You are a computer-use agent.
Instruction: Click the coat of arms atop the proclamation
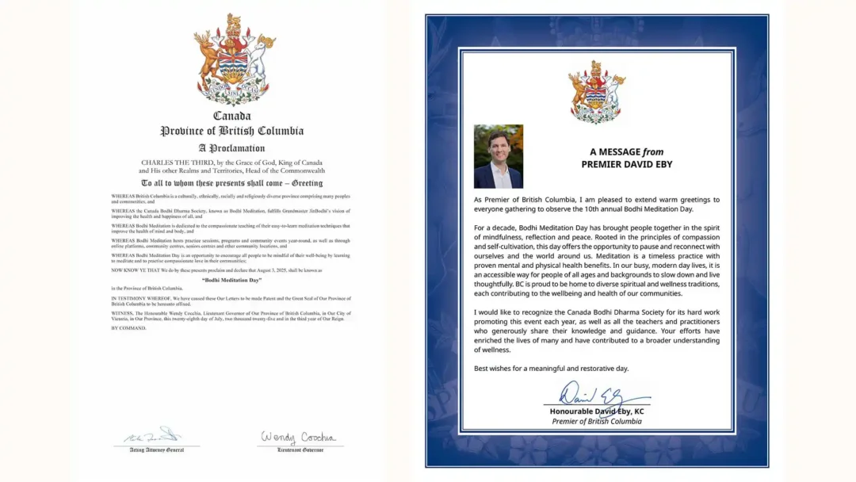pyautogui.click(x=235, y=59)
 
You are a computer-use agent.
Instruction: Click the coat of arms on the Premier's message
pyautogui.click(x=597, y=92)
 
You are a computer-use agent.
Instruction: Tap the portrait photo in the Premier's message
pyautogui.click(x=499, y=156)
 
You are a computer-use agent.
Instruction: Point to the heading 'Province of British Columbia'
pyautogui.click(x=231, y=132)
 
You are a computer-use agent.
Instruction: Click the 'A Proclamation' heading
pyautogui.click(x=231, y=148)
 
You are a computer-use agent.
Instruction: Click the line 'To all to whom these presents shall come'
pyautogui.click(x=231, y=182)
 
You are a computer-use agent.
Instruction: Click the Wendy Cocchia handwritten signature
pyautogui.click(x=298, y=437)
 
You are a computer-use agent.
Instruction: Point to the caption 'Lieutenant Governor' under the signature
pyautogui.click(x=299, y=449)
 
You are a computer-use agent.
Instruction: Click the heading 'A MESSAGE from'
pyautogui.click(x=626, y=152)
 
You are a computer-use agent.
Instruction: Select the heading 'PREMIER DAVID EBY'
pyautogui.click(x=626, y=164)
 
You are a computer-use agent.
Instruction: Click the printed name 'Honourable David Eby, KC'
pyautogui.click(x=597, y=411)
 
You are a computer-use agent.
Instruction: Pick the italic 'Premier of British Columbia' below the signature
pyautogui.click(x=597, y=421)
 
